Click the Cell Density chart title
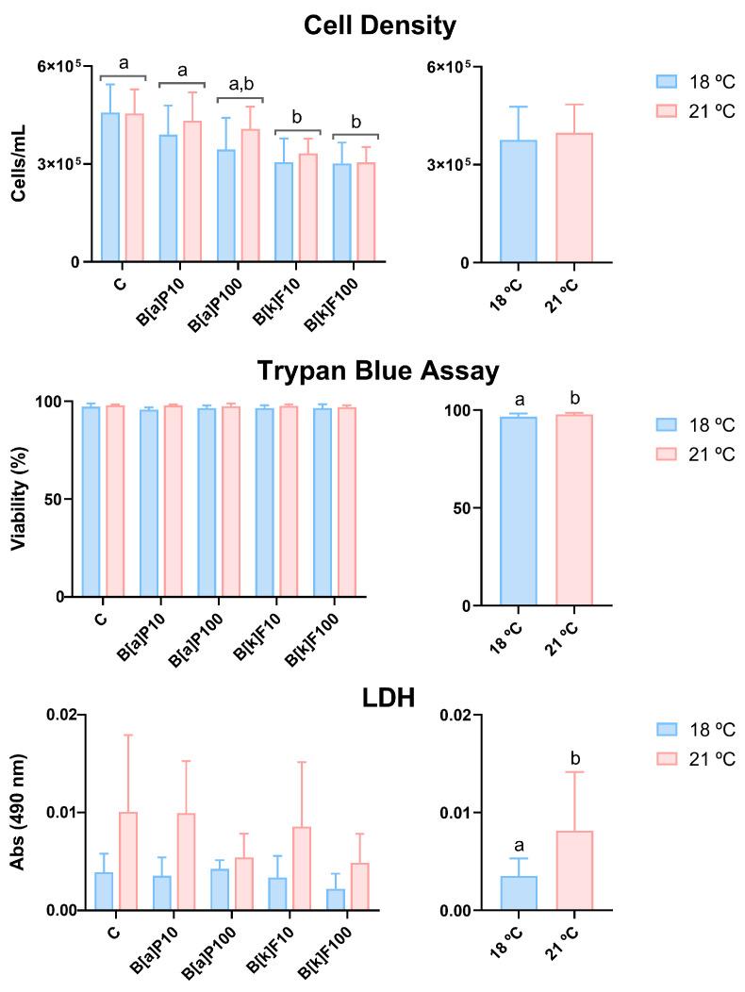click(x=379, y=26)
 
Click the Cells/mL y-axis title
click(x=18, y=164)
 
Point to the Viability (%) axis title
click(x=18, y=499)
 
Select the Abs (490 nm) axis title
click(x=18, y=813)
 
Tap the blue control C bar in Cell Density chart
click(x=110, y=188)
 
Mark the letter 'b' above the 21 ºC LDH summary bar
click(x=573, y=756)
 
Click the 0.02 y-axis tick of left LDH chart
click(x=64, y=715)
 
